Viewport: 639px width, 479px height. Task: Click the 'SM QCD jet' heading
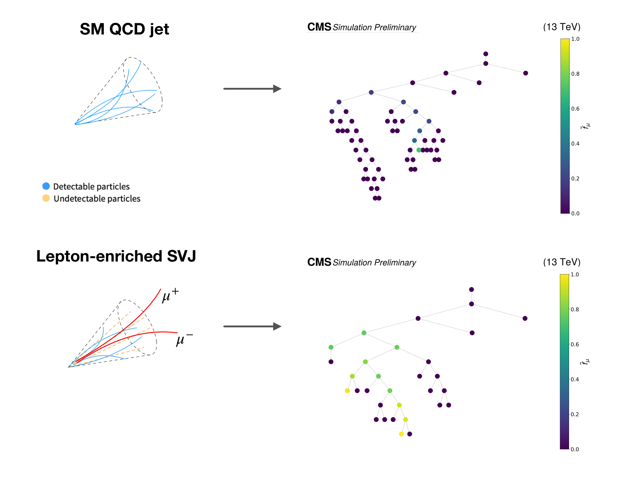point(124,29)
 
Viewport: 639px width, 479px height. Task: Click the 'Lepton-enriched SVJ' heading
point(116,256)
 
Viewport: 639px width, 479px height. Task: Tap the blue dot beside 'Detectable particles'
point(46,186)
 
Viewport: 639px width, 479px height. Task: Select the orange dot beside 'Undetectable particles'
point(46,198)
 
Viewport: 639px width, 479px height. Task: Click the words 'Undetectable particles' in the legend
point(97,199)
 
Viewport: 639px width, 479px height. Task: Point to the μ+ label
point(170,295)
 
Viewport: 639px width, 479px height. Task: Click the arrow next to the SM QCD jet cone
point(252,88)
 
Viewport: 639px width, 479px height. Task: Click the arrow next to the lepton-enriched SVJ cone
point(252,326)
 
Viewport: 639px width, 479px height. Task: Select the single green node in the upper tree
point(419,150)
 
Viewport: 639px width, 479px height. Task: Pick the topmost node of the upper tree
point(486,54)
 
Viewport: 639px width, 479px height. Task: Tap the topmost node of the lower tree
point(471,290)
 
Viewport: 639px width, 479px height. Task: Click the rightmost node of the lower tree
point(525,318)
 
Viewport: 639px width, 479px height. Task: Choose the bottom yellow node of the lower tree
point(401,434)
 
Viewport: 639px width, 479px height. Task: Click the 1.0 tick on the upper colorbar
point(575,39)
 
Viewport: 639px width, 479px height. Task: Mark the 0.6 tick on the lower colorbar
point(574,344)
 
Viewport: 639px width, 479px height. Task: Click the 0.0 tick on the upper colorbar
point(575,213)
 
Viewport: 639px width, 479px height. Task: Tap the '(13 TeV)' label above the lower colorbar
point(562,262)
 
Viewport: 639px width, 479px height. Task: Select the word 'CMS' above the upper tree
point(319,27)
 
